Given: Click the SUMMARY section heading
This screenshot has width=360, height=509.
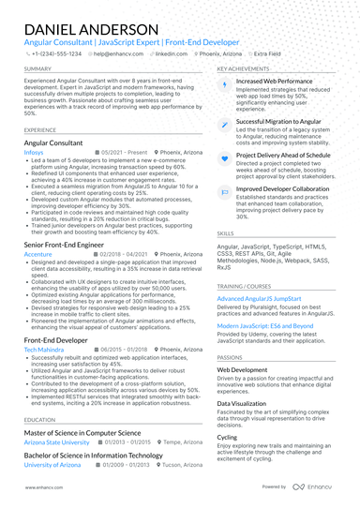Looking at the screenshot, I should [x=37, y=69].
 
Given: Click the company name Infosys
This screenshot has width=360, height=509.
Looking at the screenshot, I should [x=34, y=152].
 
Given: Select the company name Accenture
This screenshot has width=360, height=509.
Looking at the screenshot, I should [x=37, y=254].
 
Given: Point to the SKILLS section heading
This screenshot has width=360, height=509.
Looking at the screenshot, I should [x=226, y=232].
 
